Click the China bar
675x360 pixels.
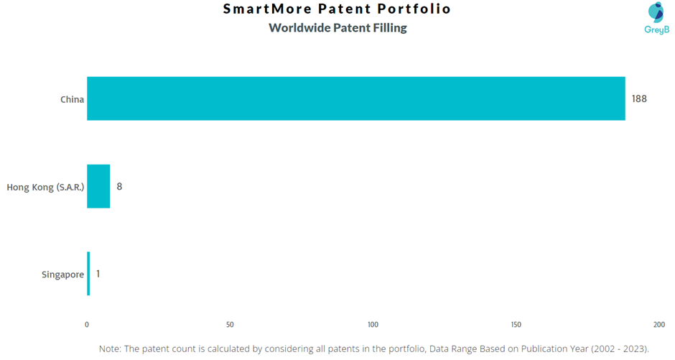pos(356,98)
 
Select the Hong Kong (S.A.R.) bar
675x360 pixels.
pos(98,186)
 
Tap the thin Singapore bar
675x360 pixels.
pos(88,274)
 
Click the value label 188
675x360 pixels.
pos(639,99)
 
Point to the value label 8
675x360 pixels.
pos(119,186)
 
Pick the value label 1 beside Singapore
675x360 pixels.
pos(98,274)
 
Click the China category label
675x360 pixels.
pos(72,99)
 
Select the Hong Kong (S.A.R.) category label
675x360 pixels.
pos(45,188)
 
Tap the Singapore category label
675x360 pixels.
pos(63,274)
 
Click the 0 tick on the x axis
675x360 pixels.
pos(87,325)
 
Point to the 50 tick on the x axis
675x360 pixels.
pos(230,325)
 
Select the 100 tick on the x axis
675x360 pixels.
pos(373,325)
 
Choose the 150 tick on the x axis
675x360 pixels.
pos(516,325)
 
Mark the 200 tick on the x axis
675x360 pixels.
pos(659,325)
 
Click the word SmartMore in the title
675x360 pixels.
pos(267,9)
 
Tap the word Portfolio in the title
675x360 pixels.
pos(414,9)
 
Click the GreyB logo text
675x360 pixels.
pos(657,29)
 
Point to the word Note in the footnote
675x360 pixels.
pos(109,349)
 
